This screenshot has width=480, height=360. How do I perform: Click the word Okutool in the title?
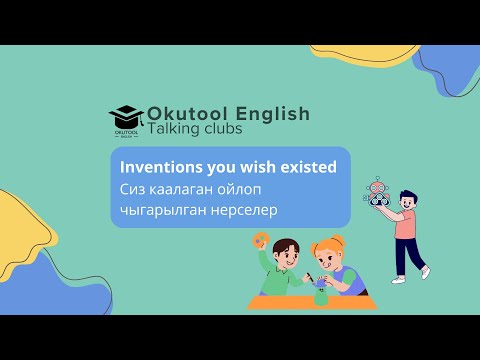186,114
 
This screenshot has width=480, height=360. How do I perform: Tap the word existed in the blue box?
306,167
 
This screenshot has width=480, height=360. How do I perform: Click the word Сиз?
132,188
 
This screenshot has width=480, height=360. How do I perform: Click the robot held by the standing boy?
377,193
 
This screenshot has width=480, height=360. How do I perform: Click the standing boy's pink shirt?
405,225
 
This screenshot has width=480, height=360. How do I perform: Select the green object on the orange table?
320,295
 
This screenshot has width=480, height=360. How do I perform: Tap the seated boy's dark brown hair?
284,245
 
